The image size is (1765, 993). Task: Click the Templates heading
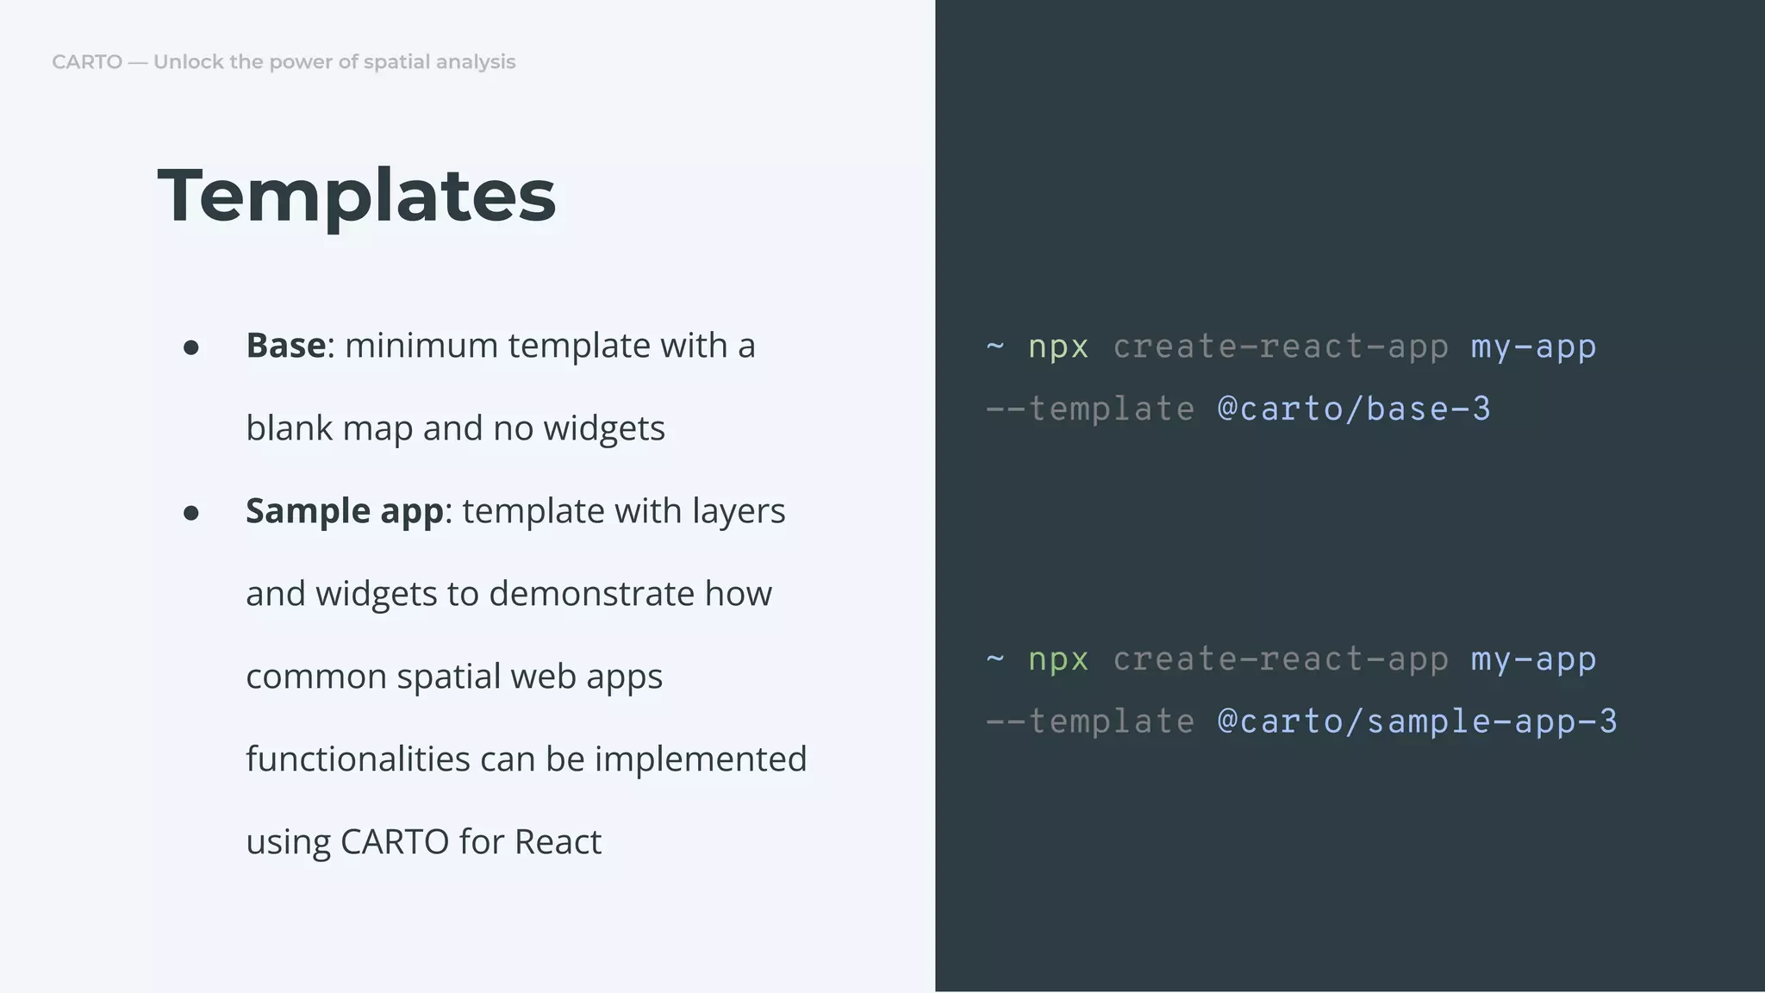pyautogui.click(x=357, y=196)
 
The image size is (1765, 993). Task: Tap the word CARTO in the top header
pyautogui.click(x=87, y=62)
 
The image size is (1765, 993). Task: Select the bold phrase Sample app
pyautogui.click(x=344, y=511)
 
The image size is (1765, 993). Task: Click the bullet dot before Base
pyautogui.click(x=191, y=347)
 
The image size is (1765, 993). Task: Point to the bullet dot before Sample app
pyautogui.click(x=191, y=513)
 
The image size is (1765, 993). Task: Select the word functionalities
pyautogui.click(x=358, y=759)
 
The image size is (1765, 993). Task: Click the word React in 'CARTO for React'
pyautogui.click(x=558, y=842)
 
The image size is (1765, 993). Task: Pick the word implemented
pyautogui.click(x=701, y=759)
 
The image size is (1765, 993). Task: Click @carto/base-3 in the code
pyautogui.click(x=1353, y=409)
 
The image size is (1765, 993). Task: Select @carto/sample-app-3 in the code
pyautogui.click(x=1417, y=721)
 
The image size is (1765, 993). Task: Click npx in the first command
pyautogui.click(x=1058, y=347)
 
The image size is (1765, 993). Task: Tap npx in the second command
pyautogui.click(x=1058, y=659)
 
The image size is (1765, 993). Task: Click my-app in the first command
pyautogui.click(x=1533, y=347)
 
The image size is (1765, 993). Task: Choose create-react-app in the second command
pyautogui.click(x=1280, y=659)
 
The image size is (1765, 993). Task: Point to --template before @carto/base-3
pyautogui.click(x=1090, y=409)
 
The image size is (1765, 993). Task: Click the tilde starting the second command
pyautogui.click(x=995, y=659)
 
